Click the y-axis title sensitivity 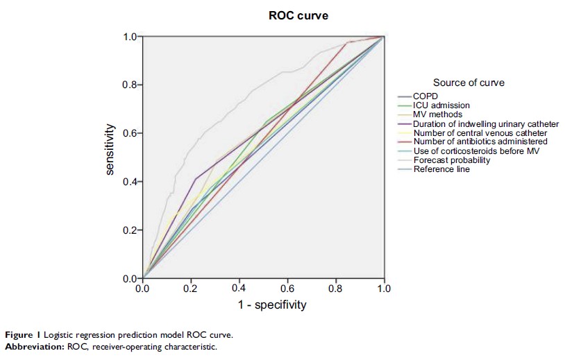pos(110,149)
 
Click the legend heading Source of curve pos(469,83)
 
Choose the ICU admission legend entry pos(442,105)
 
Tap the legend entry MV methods pos(437,114)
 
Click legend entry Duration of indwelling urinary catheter pos(486,123)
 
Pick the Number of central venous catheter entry pos(480,132)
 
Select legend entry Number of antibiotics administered pos(480,142)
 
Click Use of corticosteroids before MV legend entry pos(475,151)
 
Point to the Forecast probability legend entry pos(451,160)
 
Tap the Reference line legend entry pos(441,169)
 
